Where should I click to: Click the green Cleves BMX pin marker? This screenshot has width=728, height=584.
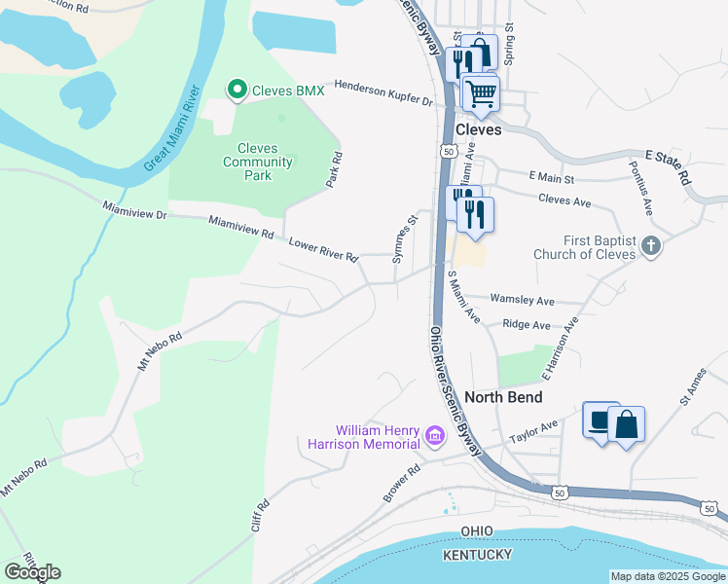(x=237, y=91)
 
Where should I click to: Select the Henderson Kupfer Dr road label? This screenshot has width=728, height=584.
(x=382, y=93)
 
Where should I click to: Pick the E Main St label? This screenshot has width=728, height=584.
(x=551, y=177)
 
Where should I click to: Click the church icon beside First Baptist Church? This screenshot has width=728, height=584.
(x=651, y=247)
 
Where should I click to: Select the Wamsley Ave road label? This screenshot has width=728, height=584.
(x=522, y=301)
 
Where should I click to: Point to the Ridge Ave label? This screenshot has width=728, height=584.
(x=527, y=325)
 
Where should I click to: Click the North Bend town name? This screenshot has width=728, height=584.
(x=502, y=397)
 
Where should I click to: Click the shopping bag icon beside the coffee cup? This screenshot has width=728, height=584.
(x=626, y=424)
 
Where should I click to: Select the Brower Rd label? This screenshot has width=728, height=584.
(x=400, y=482)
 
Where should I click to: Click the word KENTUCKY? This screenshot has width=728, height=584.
(x=477, y=554)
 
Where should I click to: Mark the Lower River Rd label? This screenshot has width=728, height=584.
(x=322, y=249)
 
